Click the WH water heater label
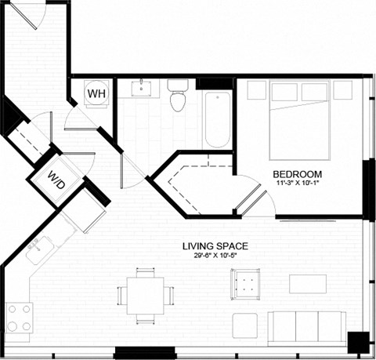coord(96,93)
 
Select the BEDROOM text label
coord(298,174)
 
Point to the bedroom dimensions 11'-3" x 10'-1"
coord(298,184)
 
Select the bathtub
coord(217,120)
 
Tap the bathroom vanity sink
coord(142,86)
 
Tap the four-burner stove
coord(19,318)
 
